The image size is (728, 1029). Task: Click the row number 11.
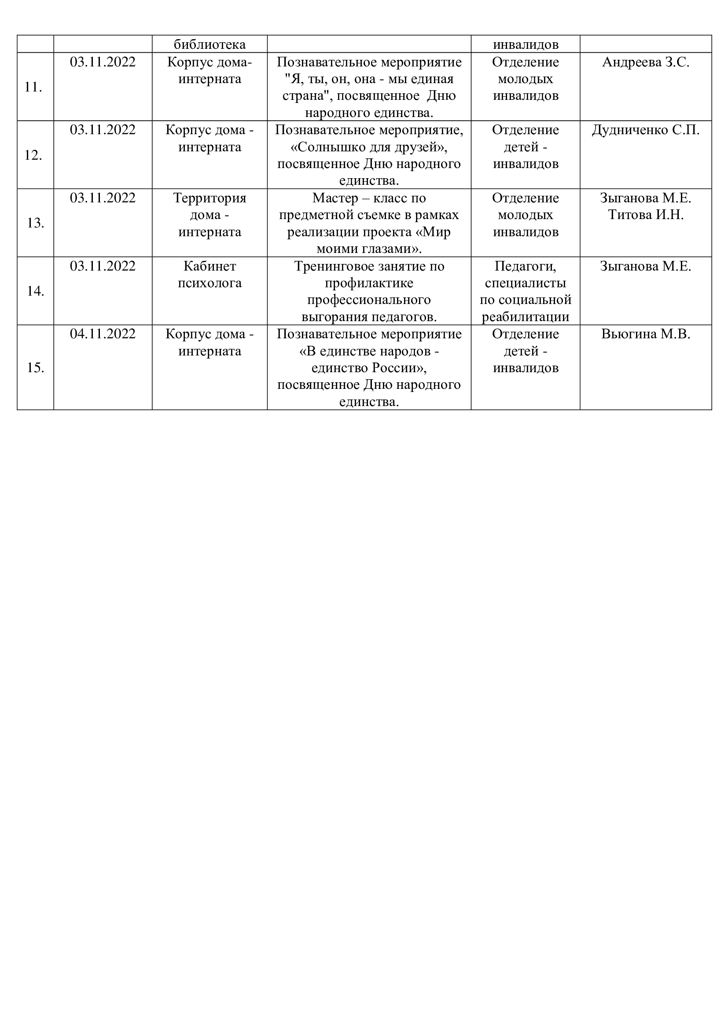pyautogui.click(x=33, y=87)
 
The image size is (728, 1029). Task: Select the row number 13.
pyautogui.click(x=35, y=223)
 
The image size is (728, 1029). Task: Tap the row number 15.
pyautogui.click(x=35, y=367)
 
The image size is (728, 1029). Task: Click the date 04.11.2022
pyautogui.click(x=103, y=334)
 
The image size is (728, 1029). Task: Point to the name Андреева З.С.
pyautogui.click(x=646, y=62)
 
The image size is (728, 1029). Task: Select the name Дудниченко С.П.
pyautogui.click(x=646, y=130)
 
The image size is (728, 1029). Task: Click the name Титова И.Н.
pyautogui.click(x=646, y=215)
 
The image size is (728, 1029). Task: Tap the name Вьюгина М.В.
pyautogui.click(x=646, y=334)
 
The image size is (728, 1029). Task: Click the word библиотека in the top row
pyautogui.click(x=210, y=44)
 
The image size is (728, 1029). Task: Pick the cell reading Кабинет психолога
pyautogui.click(x=210, y=274)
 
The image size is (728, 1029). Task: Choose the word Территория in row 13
pyautogui.click(x=210, y=198)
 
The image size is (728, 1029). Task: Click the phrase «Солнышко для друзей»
pyautogui.click(x=368, y=147)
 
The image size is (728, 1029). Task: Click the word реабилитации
pyautogui.click(x=526, y=317)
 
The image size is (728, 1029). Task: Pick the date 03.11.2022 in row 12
pyautogui.click(x=103, y=130)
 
